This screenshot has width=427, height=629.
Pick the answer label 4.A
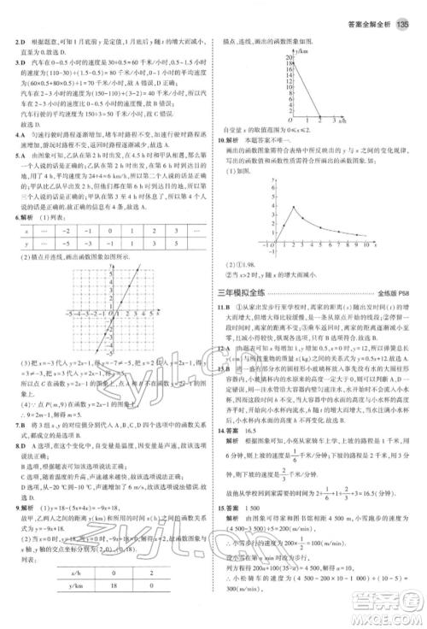[9, 135]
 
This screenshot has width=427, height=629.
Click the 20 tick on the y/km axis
[290, 56]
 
